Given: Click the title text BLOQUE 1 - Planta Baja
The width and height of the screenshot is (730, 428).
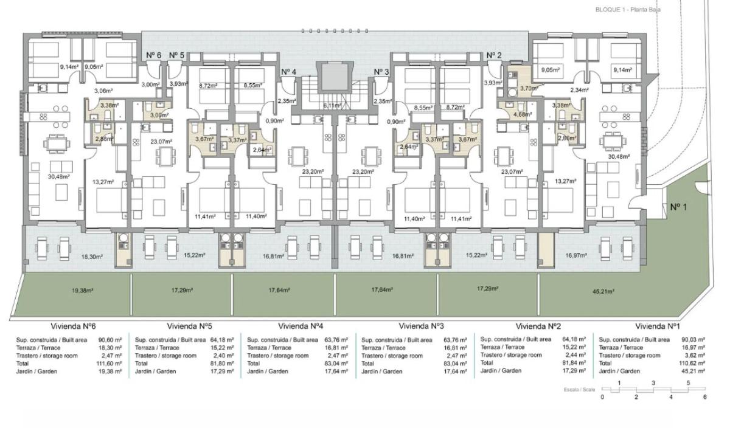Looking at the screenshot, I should (627, 10).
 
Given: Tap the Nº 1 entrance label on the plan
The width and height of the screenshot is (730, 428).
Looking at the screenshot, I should (679, 207).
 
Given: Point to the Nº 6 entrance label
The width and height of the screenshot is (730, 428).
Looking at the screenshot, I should (153, 55).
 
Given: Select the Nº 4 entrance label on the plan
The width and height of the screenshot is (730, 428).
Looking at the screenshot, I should (288, 72).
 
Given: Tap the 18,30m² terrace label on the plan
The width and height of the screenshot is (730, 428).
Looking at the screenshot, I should (92, 257).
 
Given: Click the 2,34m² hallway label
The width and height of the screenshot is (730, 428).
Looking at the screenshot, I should (579, 91).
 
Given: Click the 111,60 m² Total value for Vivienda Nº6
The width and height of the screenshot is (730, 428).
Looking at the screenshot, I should (110, 363).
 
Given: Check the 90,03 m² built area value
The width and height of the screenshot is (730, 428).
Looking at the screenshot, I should (693, 340).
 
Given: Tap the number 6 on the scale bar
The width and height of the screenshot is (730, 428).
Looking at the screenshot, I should (705, 397).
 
